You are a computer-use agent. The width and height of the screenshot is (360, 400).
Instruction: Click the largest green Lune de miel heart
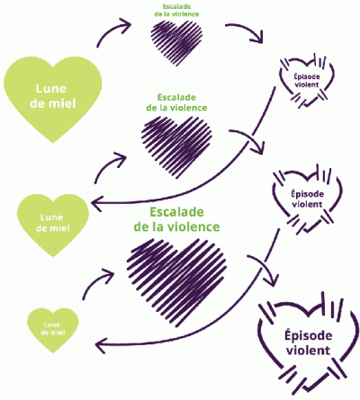tap(53, 99)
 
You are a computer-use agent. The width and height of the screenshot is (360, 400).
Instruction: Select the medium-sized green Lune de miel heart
tap(53, 223)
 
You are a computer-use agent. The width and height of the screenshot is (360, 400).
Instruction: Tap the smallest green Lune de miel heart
tap(53, 329)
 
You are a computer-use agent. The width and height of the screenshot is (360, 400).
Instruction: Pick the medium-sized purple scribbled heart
tap(176, 146)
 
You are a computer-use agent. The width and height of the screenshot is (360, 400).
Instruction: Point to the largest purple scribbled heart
tap(176, 280)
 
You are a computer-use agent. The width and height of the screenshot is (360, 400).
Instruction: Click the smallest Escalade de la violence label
tap(176, 10)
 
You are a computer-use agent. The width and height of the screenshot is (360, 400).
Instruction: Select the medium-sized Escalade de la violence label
tap(176, 102)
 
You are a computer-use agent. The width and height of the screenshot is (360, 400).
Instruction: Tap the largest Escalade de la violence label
tap(176, 219)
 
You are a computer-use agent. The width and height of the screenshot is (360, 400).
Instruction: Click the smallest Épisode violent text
tap(307, 80)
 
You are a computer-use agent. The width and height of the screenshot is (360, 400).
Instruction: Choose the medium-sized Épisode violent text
tap(307, 199)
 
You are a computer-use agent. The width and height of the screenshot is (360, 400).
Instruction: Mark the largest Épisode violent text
tap(308, 342)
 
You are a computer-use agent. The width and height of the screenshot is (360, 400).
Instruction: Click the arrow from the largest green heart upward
tap(112, 30)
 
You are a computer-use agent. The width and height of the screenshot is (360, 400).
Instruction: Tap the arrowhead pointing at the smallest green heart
tap(101, 345)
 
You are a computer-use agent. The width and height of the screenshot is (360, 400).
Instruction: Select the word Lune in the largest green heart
tap(51, 89)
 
